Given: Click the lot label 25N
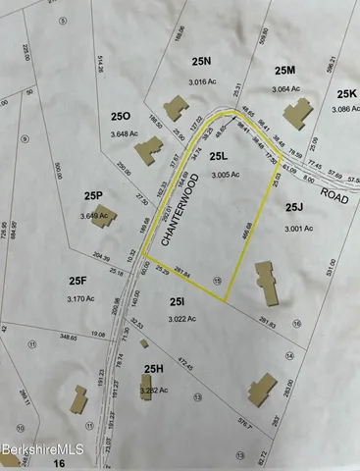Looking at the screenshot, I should [201, 61].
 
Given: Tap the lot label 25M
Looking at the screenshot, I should [284, 70].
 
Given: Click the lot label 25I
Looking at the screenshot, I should [178, 303].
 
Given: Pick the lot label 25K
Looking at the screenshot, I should [348, 93].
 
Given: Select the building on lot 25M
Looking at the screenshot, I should [296, 110].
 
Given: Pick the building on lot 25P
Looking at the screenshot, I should [102, 216].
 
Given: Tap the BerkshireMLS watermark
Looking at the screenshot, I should [32, 448].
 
